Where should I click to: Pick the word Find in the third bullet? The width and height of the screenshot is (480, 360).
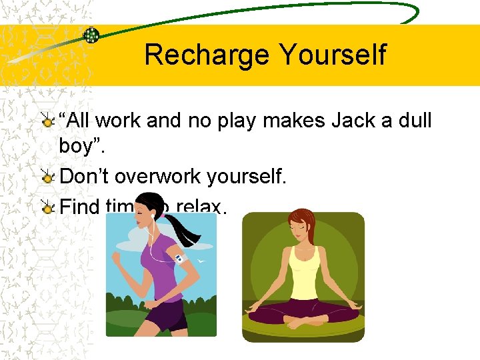(79, 207)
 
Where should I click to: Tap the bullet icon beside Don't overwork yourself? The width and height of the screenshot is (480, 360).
(47, 177)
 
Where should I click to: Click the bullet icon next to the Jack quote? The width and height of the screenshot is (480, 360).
(47, 121)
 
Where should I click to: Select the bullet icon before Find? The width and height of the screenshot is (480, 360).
(47, 207)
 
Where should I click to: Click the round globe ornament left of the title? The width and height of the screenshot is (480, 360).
(91, 35)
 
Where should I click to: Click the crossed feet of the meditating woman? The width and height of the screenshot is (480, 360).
(303, 323)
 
